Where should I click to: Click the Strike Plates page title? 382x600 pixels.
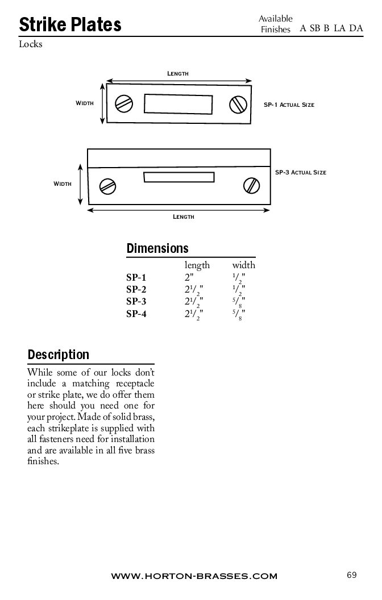(x=70, y=24)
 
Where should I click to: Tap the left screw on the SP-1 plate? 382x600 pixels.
(x=124, y=103)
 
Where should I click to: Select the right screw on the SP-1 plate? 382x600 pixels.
(x=238, y=104)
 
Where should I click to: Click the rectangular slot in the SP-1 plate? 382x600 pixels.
(x=178, y=104)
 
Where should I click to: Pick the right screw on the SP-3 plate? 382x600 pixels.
(x=251, y=186)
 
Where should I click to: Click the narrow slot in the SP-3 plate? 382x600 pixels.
(x=179, y=177)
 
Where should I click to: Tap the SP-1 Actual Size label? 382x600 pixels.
(x=289, y=105)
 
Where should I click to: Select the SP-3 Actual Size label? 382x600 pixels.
(x=301, y=172)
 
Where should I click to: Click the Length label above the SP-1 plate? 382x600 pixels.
(x=178, y=74)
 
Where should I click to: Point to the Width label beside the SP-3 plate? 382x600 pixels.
(x=63, y=184)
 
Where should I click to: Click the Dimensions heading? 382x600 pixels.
(x=157, y=248)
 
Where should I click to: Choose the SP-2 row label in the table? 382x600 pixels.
(x=136, y=289)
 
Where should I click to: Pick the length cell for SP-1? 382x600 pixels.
(x=189, y=277)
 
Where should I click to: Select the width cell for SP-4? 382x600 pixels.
(x=239, y=314)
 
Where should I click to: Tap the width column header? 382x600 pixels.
(x=243, y=265)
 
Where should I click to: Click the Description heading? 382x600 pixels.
(x=59, y=355)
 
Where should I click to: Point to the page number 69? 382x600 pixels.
(x=351, y=575)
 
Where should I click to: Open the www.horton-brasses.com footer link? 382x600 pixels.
(x=194, y=576)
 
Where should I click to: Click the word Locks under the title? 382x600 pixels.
(x=31, y=44)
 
